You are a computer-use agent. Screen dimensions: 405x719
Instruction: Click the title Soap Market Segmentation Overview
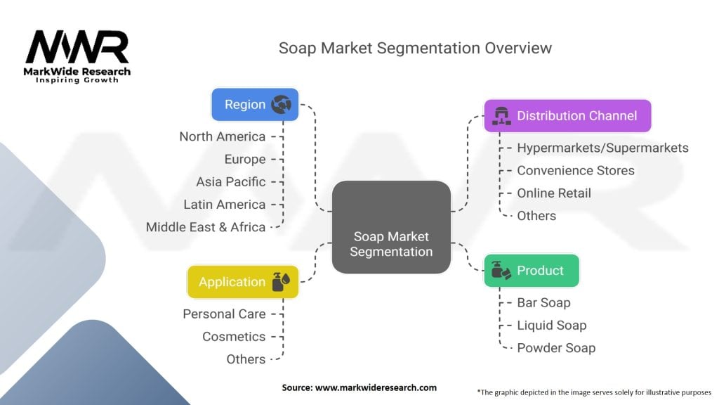[415, 48]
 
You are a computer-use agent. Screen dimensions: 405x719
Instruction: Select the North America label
[222, 136]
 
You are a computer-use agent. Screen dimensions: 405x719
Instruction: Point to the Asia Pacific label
[230, 181]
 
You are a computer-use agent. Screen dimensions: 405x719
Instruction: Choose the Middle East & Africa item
[205, 227]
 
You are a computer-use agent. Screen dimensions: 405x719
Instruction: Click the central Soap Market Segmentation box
[391, 227]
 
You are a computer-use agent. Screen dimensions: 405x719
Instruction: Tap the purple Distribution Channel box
[567, 116]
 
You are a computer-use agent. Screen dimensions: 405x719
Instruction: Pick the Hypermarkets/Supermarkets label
[602, 148]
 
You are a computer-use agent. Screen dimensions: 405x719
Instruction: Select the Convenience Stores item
[575, 170]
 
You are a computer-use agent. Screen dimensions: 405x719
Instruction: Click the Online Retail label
[554, 193]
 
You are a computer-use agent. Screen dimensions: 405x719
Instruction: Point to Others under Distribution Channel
[536, 215]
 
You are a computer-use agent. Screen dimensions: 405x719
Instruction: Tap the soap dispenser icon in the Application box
[280, 281]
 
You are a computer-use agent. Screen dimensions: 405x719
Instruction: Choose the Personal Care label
[224, 314]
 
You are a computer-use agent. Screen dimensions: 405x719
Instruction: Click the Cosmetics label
[234, 336]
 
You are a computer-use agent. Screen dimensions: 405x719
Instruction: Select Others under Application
[246, 359]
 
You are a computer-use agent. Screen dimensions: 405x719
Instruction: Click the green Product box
[532, 271]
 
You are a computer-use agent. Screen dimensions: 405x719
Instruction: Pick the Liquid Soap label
[551, 325]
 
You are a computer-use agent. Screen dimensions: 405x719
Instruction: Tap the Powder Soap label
[555, 347]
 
